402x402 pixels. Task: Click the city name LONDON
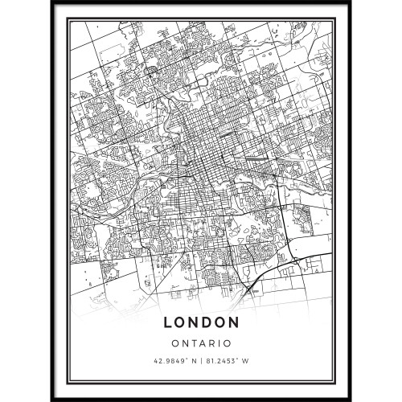[x=201, y=322]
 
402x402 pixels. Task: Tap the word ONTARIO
[x=201, y=342]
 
